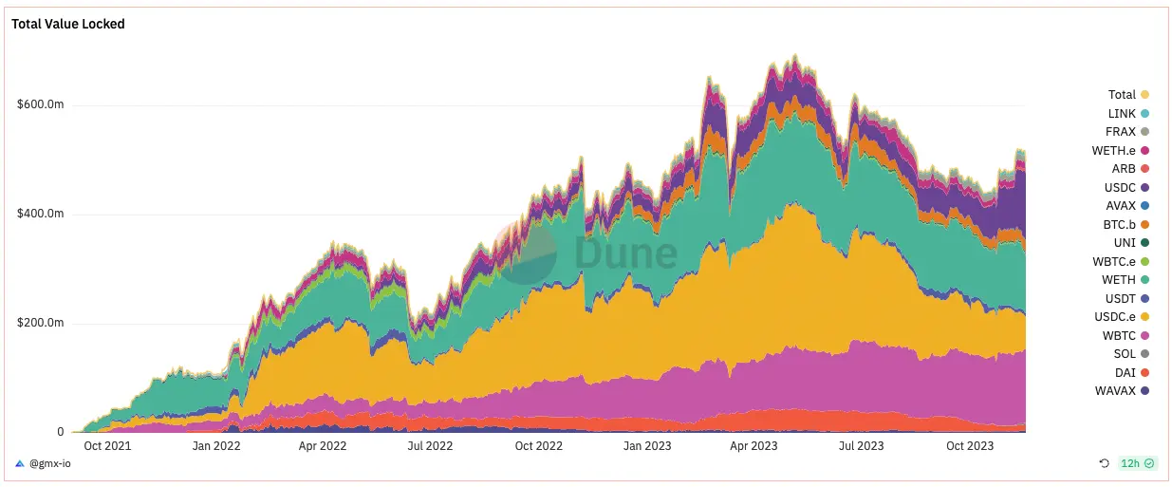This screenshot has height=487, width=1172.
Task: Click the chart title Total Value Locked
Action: tap(67, 24)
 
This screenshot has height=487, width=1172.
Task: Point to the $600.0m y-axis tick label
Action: tap(40, 104)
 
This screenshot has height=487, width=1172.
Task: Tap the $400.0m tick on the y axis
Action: tap(40, 214)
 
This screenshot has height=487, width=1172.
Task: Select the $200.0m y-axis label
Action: tap(40, 323)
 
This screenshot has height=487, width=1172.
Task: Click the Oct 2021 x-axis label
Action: tap(107, 445)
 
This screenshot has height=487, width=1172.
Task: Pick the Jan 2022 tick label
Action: tap(215, 445)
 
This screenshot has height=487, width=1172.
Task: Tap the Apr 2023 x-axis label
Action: tap(755, 445)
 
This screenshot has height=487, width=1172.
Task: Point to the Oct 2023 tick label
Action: tap(970, 445)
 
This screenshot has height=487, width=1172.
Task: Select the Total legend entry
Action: tap(1122, 95)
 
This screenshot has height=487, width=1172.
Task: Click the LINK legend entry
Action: tap(1122, 114)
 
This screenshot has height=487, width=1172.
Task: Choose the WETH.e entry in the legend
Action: tap(1114, 151)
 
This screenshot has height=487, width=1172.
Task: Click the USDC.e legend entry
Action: tap(1113, 317)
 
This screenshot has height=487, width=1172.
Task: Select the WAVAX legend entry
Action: tap(1116, 391)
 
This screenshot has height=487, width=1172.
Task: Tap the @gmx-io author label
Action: tap(48, 463)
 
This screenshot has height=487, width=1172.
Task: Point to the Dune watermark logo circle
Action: tap(529, 253)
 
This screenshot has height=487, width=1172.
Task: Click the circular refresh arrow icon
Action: tap(1104, 463)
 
